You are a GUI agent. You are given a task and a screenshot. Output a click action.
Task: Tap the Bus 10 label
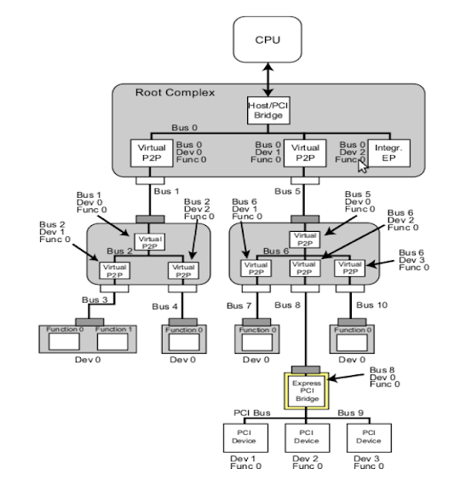371,304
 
